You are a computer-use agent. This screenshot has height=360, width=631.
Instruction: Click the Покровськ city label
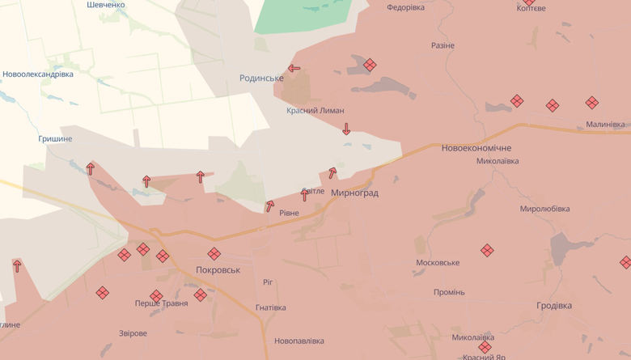(x=218, y=269)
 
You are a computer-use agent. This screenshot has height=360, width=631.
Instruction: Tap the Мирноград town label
(x=354, y=193)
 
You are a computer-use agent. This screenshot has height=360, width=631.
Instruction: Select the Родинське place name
(x=261, y=78)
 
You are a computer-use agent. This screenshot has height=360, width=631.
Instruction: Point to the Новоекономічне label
(x=476, y=148)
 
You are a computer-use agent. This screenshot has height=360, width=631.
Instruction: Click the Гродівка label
(x=554, y=306)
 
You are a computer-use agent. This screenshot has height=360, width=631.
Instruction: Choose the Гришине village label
(x=55, y=139)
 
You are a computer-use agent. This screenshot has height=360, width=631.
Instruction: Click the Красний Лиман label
(x=315, y=110)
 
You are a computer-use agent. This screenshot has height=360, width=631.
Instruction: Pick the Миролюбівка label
(x=544, y=209)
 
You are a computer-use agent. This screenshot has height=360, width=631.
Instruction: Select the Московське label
(x=438, y=263)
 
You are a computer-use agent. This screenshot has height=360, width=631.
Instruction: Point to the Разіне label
(x=443, y=46)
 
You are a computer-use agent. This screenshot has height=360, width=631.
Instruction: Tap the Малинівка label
(x=605, y=125)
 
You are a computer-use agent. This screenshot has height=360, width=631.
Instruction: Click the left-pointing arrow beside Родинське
(x=294, y=69)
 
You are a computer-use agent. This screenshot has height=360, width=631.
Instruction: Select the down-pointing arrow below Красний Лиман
(x=346, y=129)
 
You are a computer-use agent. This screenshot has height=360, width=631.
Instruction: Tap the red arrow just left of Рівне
(x=270, y=206)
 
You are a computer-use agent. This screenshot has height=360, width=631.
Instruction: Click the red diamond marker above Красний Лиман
(x=370, y=65)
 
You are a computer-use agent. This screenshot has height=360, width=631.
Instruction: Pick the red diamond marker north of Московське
(x=487, y=251)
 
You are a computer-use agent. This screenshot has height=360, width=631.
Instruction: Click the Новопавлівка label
(x=299, y=341)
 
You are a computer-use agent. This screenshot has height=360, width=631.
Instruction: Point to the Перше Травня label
(x=161, y=303)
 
